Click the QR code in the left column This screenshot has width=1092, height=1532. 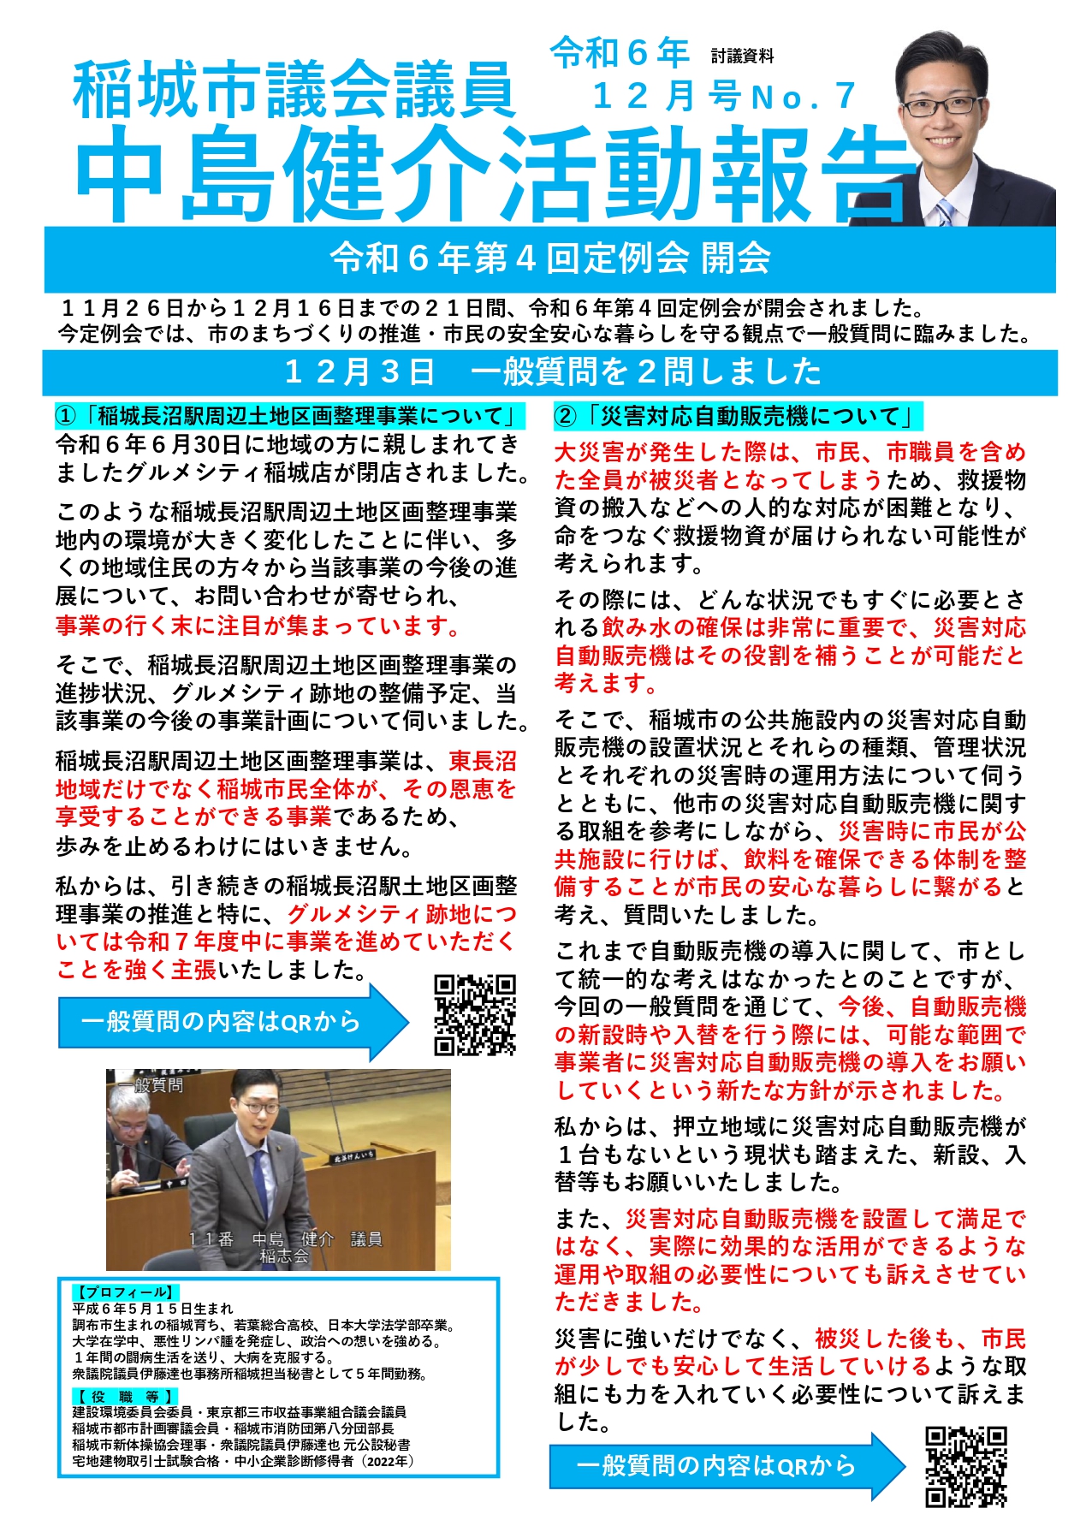pyautogui.click(x=475, y=1014)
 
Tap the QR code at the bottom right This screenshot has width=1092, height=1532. pyautogui.click(x=966, y=1465)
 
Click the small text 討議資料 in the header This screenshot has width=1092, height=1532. pyautogui.click(x=742, y=56)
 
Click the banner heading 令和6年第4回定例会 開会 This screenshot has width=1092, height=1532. pyautogui.click(x=550, y=258)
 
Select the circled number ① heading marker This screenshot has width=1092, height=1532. pyautogui.click(x=66, y=417)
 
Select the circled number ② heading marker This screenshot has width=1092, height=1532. pyautogui.click(x=566, y=417)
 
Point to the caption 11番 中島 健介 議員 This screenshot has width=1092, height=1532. pyautogui.click(x=285, y=1239)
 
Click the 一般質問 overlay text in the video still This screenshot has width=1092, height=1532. pyautogui.click(x=151, y=1085)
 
